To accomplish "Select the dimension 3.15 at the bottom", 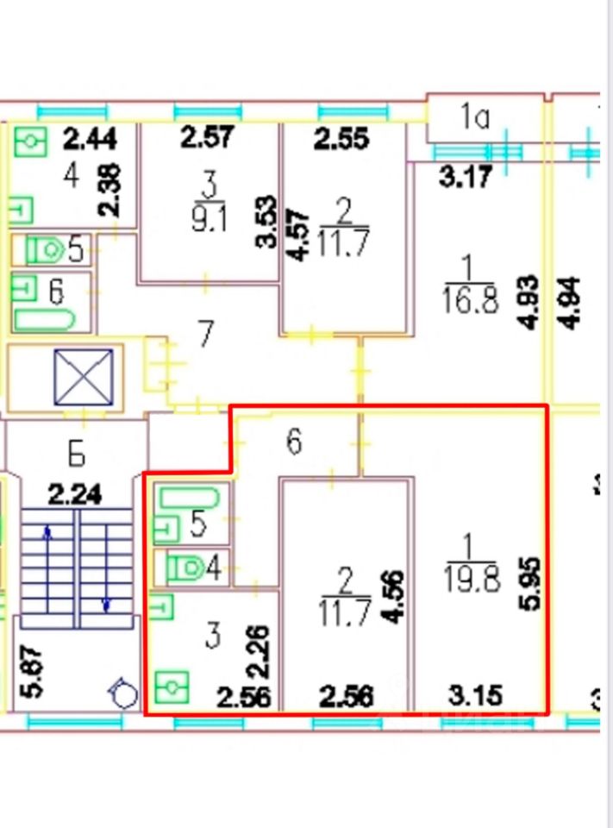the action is (475, 695).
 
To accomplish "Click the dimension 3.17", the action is (466, 179).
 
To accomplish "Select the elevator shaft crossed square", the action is (84, 377).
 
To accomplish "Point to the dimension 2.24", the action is (74, 495).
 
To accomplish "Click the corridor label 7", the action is (205, 334).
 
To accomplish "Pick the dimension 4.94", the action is (570, 301).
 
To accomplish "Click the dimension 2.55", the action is (341, 138).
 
